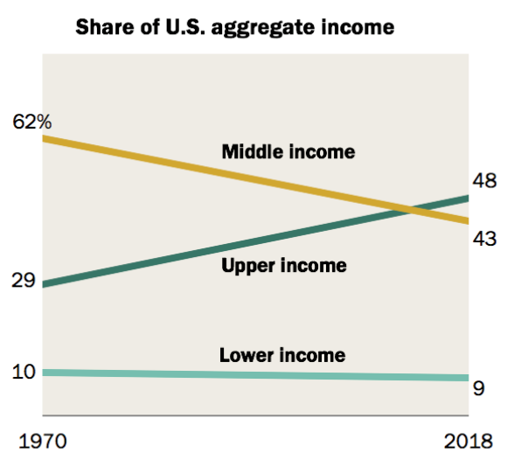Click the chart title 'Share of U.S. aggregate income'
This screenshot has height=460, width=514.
coord(234,27)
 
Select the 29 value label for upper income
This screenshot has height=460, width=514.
coord(24,282)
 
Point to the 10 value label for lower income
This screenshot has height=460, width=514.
coord(24,372)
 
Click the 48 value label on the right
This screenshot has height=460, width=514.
coord(484,182)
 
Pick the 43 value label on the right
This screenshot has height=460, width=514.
coord(484,238)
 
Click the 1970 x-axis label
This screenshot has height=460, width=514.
coord(39,438)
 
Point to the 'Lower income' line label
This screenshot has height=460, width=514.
coord(281,355)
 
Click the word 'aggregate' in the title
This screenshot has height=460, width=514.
coord(276,28)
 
